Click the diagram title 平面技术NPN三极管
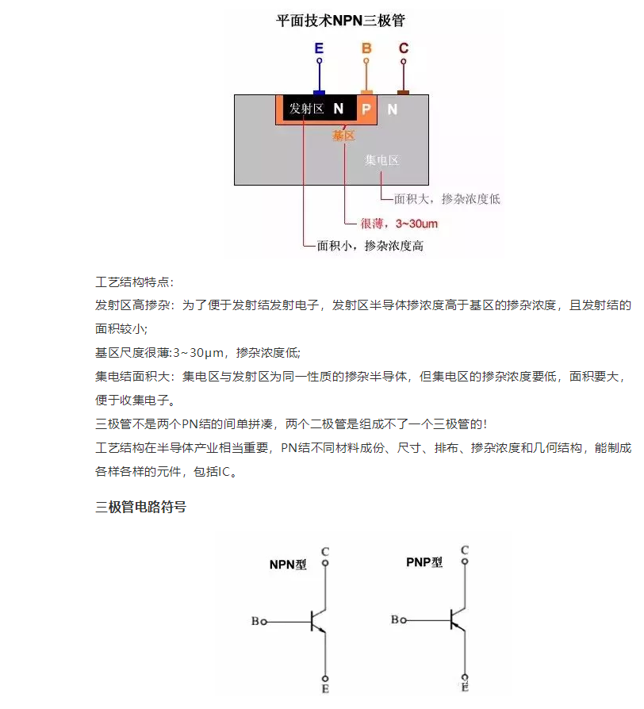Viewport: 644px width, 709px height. coord(340,21)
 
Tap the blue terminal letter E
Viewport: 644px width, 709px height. coord(319,48)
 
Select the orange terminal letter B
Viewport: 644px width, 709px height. coord(366,48)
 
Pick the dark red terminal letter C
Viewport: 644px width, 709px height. coord(404,48)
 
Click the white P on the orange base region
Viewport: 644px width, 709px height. coord(366,109)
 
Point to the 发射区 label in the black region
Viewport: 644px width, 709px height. coord(307,109)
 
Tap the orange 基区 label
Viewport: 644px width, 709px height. coord(343,135)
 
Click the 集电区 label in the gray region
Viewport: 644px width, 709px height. coord(381,160)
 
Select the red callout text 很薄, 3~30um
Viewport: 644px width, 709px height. coord(399,224)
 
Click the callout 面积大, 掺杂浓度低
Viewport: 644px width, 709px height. coord(447,199)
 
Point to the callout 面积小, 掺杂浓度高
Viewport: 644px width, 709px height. coord(370,246)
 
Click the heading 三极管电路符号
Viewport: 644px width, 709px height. coord(140,507)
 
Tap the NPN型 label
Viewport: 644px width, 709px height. coord(288,565)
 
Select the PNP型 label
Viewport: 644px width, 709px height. coord(424,562)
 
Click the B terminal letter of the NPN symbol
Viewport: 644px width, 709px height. coord(255,621)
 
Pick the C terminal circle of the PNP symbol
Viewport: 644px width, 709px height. coord(465,561)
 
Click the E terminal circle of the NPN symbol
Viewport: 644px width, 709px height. coord(325,678)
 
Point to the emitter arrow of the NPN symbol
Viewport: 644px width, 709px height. coord(320,629)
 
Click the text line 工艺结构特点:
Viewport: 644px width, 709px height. coord(134,282)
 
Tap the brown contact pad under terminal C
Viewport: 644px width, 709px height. coord(403,93)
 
